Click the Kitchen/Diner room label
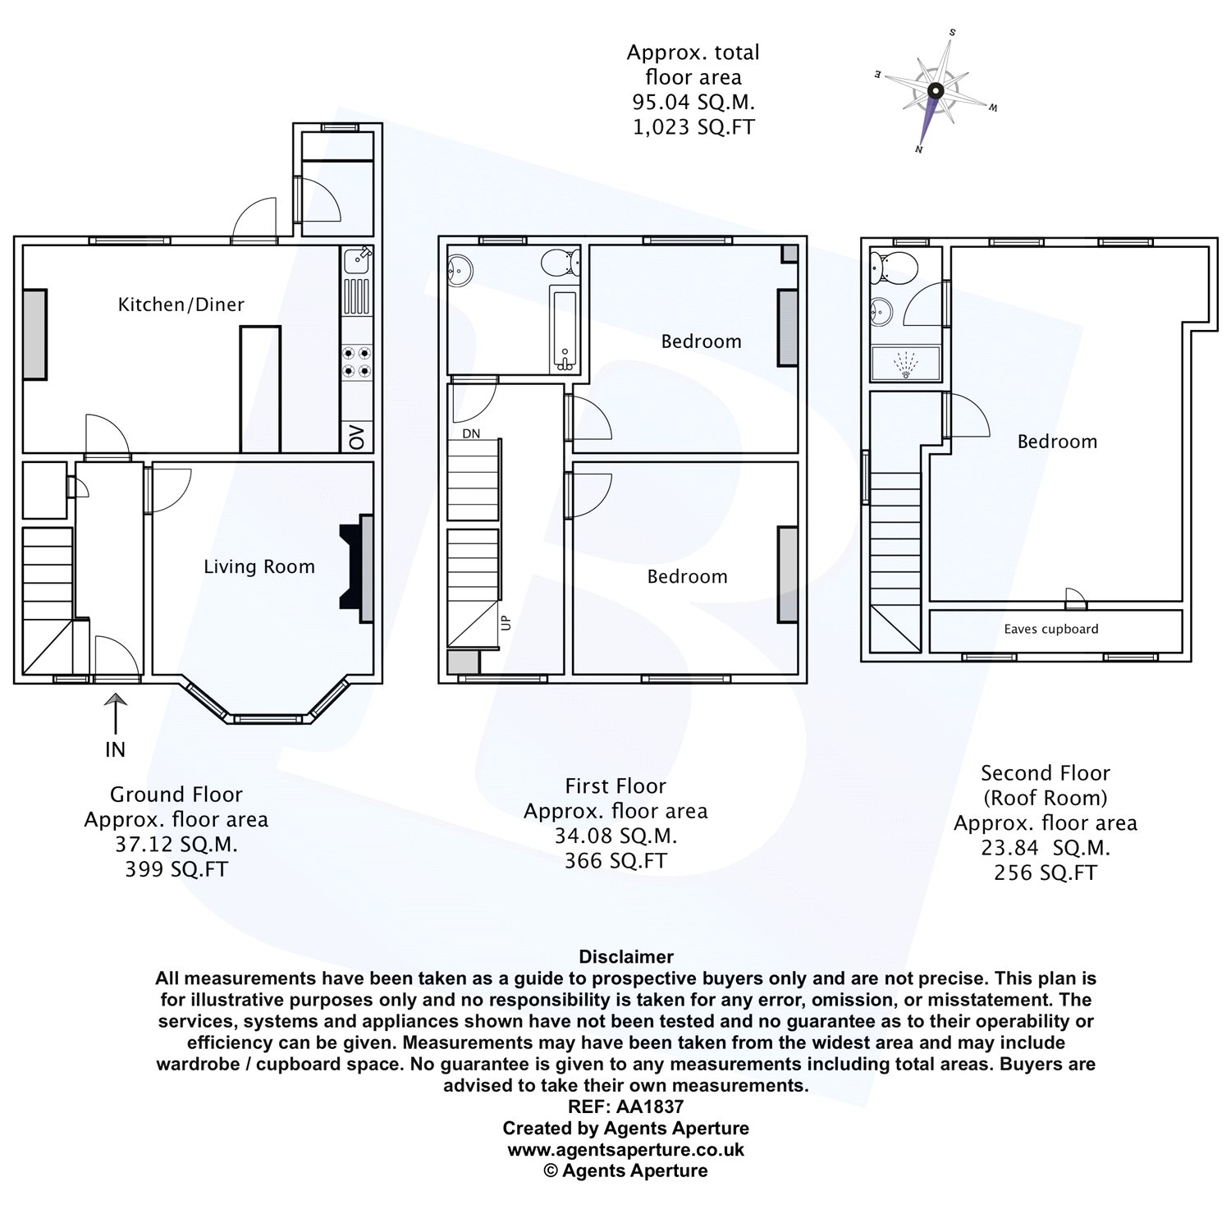181,305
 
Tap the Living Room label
259,566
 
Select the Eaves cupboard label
1050,630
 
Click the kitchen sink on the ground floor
357,261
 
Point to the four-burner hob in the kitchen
357,362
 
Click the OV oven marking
357,437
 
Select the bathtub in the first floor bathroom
565,328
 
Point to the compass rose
935,91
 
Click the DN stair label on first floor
471,433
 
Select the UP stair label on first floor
505,622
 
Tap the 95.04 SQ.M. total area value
693,103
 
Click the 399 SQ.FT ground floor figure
176,869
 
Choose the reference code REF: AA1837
625,1106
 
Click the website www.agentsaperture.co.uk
625,1149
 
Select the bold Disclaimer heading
625,956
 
